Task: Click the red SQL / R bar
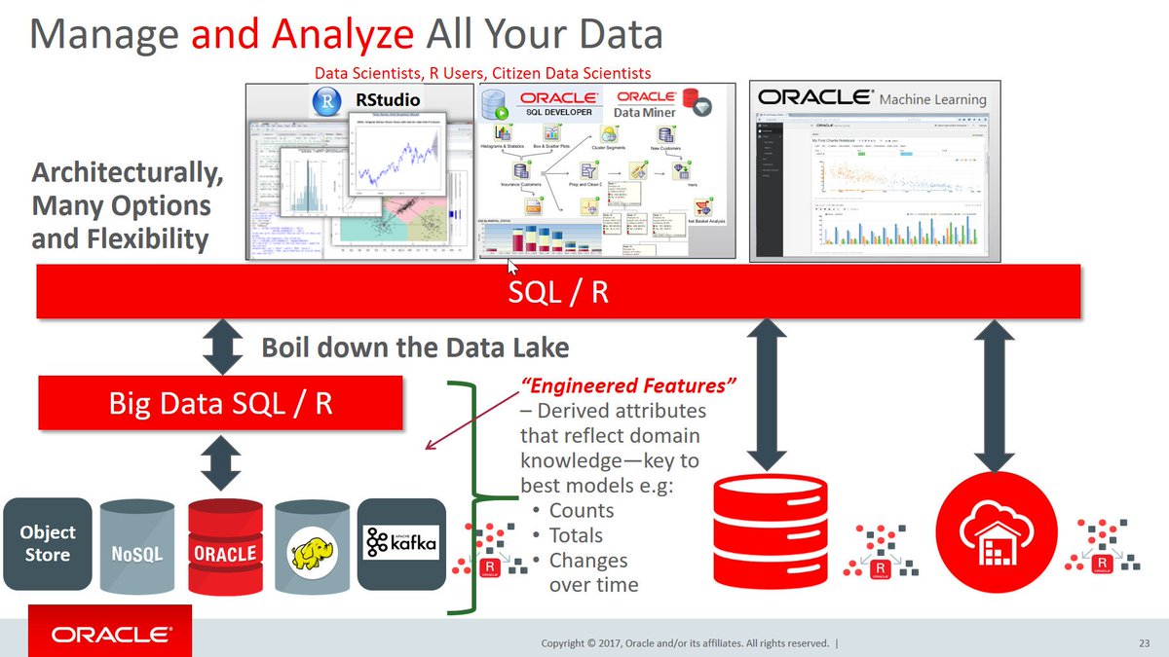[558, 291]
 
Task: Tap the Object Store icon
[48, 544]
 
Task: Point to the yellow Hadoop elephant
[312, 550]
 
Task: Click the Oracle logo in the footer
[110, 636]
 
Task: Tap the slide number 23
[1144, 643]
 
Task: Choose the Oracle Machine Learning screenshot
[874, 172]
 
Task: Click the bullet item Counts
[581, 511]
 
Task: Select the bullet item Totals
[576, 536]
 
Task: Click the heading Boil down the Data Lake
[415, 347]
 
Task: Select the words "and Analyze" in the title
[303, 35]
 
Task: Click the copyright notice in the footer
[687, 643]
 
